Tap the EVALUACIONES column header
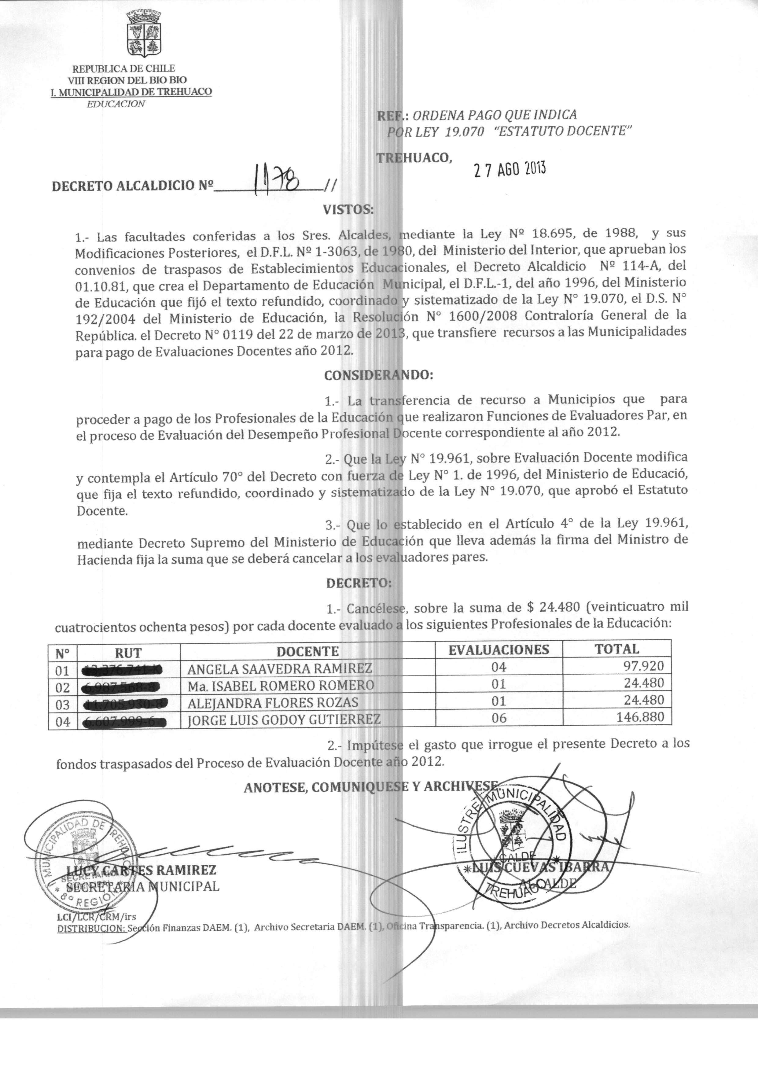pos(499,650)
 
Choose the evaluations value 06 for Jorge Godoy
pos(499,718)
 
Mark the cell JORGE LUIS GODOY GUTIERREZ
pos(284,719)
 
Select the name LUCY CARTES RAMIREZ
pos(142,870)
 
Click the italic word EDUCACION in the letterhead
pos(116,104)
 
